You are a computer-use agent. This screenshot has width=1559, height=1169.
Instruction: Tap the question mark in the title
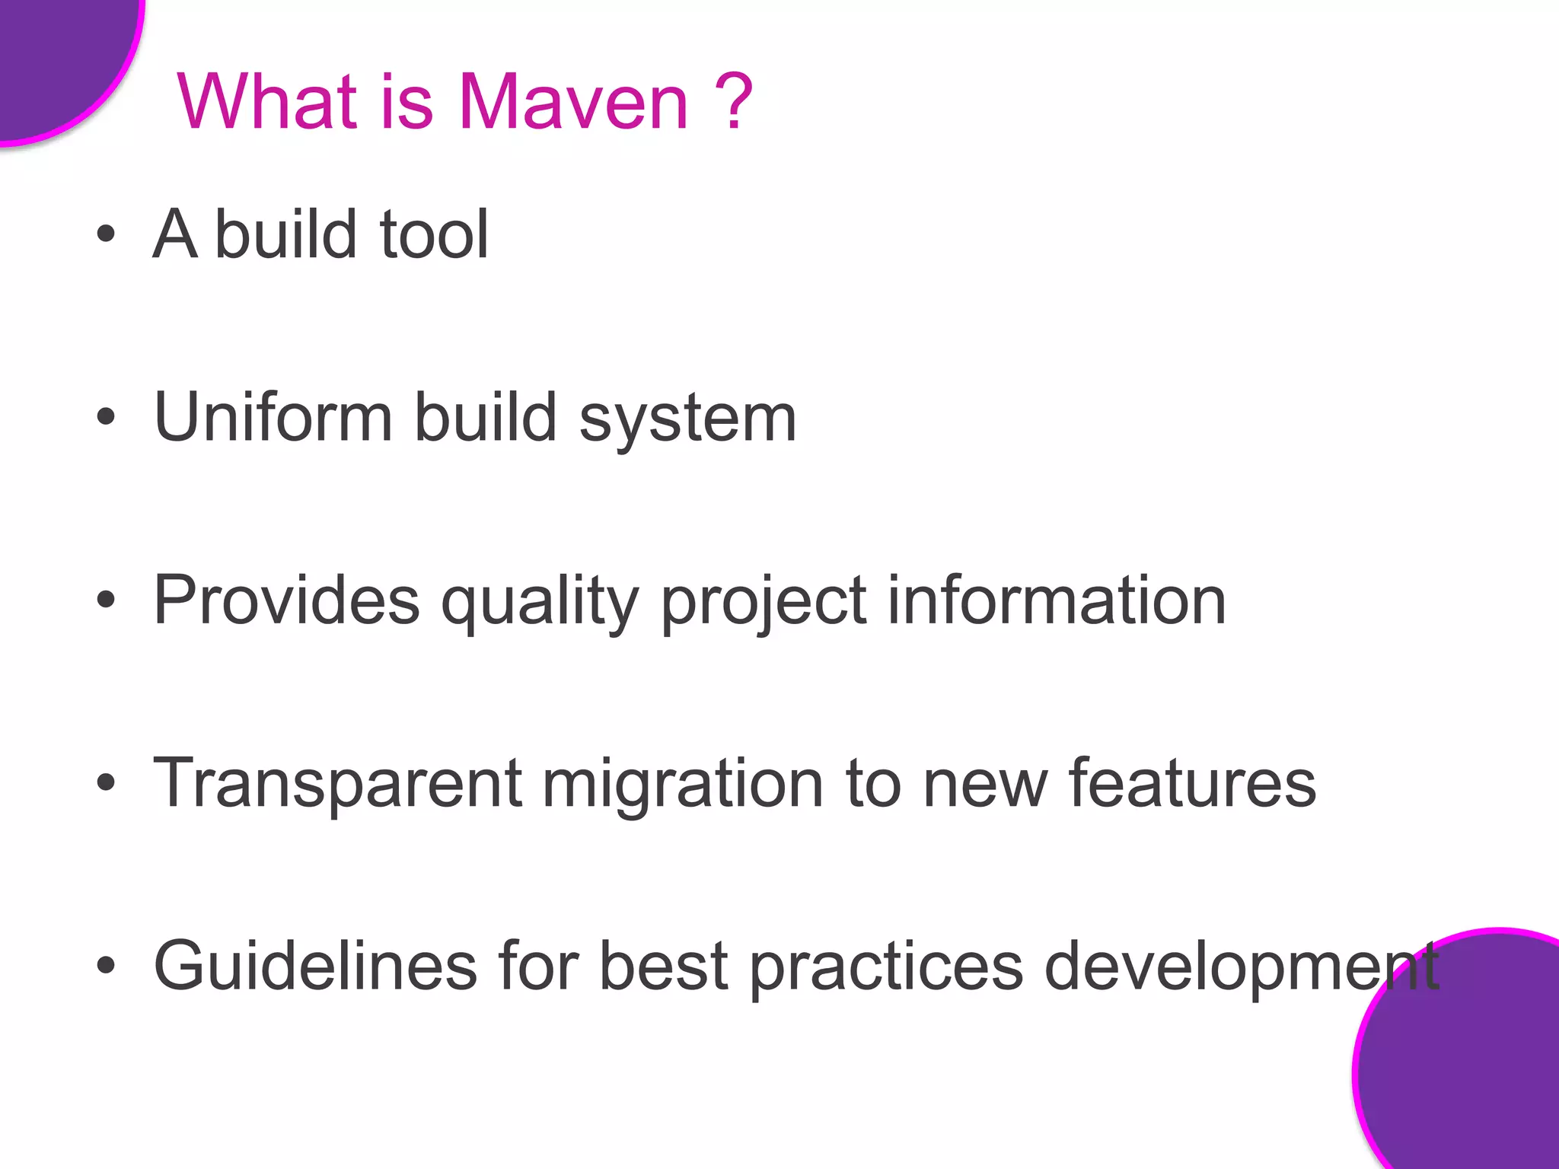[x=735, y=102]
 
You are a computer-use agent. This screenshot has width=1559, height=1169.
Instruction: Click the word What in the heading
[x=267, y=102]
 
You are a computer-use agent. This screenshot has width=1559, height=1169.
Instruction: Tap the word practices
[x=886, y=967]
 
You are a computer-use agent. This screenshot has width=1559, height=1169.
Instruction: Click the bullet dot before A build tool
[x=106, y=234]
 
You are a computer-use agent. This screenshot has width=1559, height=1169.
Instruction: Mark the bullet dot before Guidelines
[x=106, y=965]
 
